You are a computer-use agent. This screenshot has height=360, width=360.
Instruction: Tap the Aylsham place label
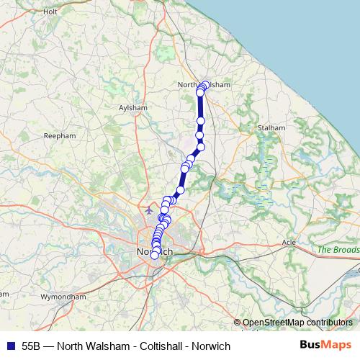132,108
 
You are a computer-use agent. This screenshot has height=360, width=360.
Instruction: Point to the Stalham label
271,127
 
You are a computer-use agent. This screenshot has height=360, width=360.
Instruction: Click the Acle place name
289,242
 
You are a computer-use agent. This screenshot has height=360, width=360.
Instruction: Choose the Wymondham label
63,297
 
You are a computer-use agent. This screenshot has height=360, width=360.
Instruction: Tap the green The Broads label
337,249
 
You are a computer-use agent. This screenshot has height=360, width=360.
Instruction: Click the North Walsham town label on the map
203,84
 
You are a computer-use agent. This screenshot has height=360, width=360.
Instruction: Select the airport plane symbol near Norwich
148,211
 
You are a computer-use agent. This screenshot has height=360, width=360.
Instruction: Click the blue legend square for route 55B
9,346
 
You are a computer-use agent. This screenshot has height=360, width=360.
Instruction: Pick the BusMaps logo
326,346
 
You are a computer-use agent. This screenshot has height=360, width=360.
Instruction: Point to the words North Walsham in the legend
85,346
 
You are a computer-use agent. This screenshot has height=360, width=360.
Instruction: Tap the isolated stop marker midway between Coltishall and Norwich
180,189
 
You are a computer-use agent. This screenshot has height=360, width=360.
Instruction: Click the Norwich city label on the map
153,251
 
